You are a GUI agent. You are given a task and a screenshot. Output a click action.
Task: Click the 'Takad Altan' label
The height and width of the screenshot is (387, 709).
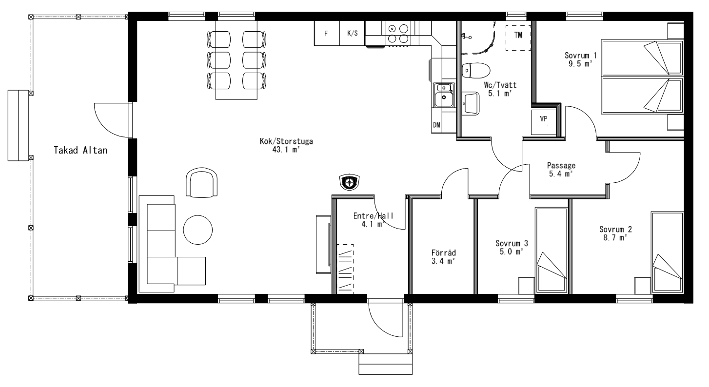pos(80,150)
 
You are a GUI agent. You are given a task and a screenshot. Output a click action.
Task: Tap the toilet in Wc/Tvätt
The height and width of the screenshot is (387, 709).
pos(476,70)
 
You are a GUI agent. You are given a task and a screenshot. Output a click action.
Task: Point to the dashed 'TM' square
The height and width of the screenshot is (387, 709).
pos(518,38)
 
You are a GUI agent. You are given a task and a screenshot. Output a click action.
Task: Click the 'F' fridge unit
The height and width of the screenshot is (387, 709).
pos(327,33)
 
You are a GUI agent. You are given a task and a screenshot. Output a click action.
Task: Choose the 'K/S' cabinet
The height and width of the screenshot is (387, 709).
pos(352,33)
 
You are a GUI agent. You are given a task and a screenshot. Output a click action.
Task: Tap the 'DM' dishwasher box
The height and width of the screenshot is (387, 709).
pos(437,125)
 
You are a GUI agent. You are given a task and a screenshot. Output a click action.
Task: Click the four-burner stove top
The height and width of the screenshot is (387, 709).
pos(398,34)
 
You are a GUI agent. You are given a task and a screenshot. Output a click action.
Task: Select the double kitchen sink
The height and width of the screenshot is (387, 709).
pos(444,95)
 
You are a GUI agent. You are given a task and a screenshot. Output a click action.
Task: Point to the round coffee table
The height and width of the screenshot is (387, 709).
pos(198,230)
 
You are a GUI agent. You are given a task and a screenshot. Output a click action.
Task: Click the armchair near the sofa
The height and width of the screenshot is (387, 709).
pos(201,183)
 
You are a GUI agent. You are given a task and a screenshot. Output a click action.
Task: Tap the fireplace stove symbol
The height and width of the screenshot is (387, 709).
pos(350,182)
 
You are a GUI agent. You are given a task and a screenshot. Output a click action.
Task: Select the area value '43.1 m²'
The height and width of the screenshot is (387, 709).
pos(286,150)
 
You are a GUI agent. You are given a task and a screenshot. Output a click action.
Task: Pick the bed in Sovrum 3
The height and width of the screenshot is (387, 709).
pos(551,251)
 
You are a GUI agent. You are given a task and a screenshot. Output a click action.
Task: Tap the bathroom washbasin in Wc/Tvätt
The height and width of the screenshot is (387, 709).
pos(471,103)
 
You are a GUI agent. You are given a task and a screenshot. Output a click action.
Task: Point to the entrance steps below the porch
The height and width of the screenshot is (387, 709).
pos(386,364)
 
